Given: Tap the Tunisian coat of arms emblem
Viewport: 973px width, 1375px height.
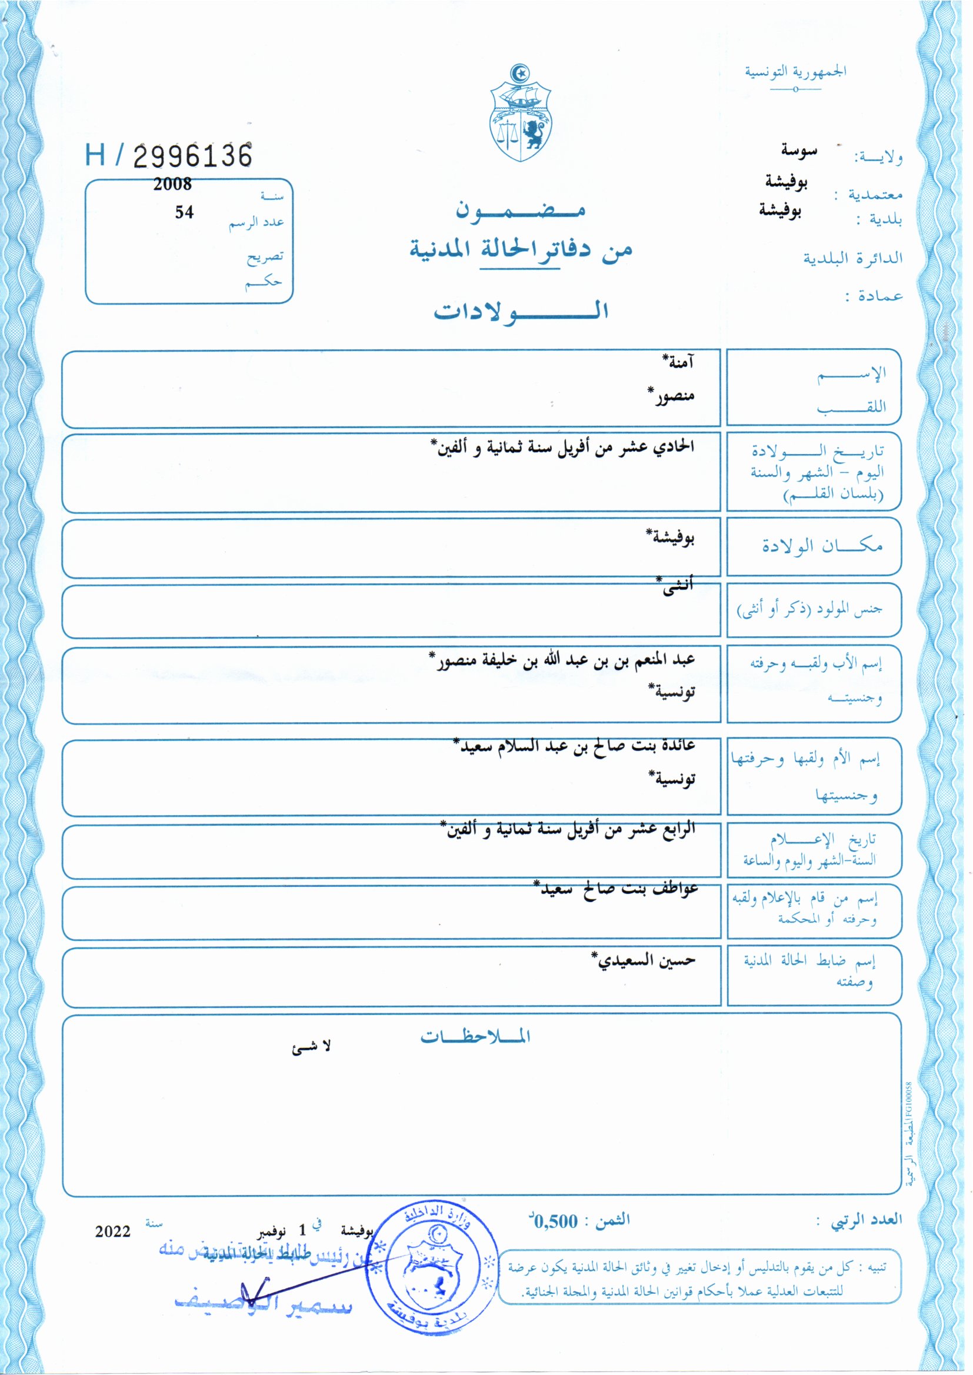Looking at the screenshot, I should click(x=521, y=113).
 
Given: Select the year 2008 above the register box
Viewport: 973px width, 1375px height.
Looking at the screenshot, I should click(x=172, y=185).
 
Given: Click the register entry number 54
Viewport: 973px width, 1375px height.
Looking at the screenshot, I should click(x=184, y=212).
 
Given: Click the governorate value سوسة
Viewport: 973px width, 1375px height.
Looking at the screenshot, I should click(x=799, y=151).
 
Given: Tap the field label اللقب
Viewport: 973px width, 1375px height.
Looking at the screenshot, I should click(x=851, y=406).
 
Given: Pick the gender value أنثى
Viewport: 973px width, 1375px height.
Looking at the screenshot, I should click(x=677, y=585).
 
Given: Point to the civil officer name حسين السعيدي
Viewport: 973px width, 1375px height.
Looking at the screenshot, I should click(x=644, y=960).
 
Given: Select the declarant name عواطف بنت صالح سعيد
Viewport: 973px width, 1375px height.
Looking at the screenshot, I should click(x=617, y=889).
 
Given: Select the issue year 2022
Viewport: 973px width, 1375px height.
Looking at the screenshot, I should click(x=112, y=1232).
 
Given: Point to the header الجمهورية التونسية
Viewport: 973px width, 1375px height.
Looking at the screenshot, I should click(x=796, y=72).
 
